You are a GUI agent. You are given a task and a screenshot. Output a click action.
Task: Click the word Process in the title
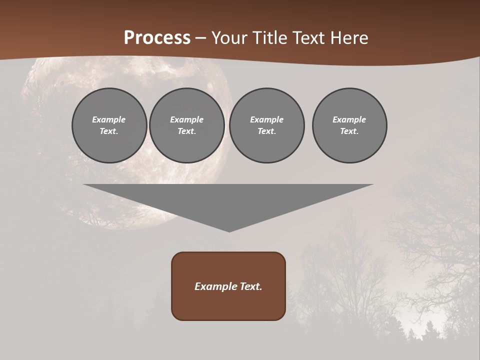pos(157,38)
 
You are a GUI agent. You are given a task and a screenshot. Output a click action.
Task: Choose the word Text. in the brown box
pos(250,286)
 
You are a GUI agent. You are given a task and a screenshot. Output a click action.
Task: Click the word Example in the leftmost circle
pos(109,119)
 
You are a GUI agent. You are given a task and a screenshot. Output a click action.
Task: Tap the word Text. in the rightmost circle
pos(349,131)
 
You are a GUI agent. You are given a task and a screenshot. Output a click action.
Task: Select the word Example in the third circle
pos(267,119)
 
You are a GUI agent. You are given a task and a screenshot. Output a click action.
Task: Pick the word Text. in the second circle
pos(187,131)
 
